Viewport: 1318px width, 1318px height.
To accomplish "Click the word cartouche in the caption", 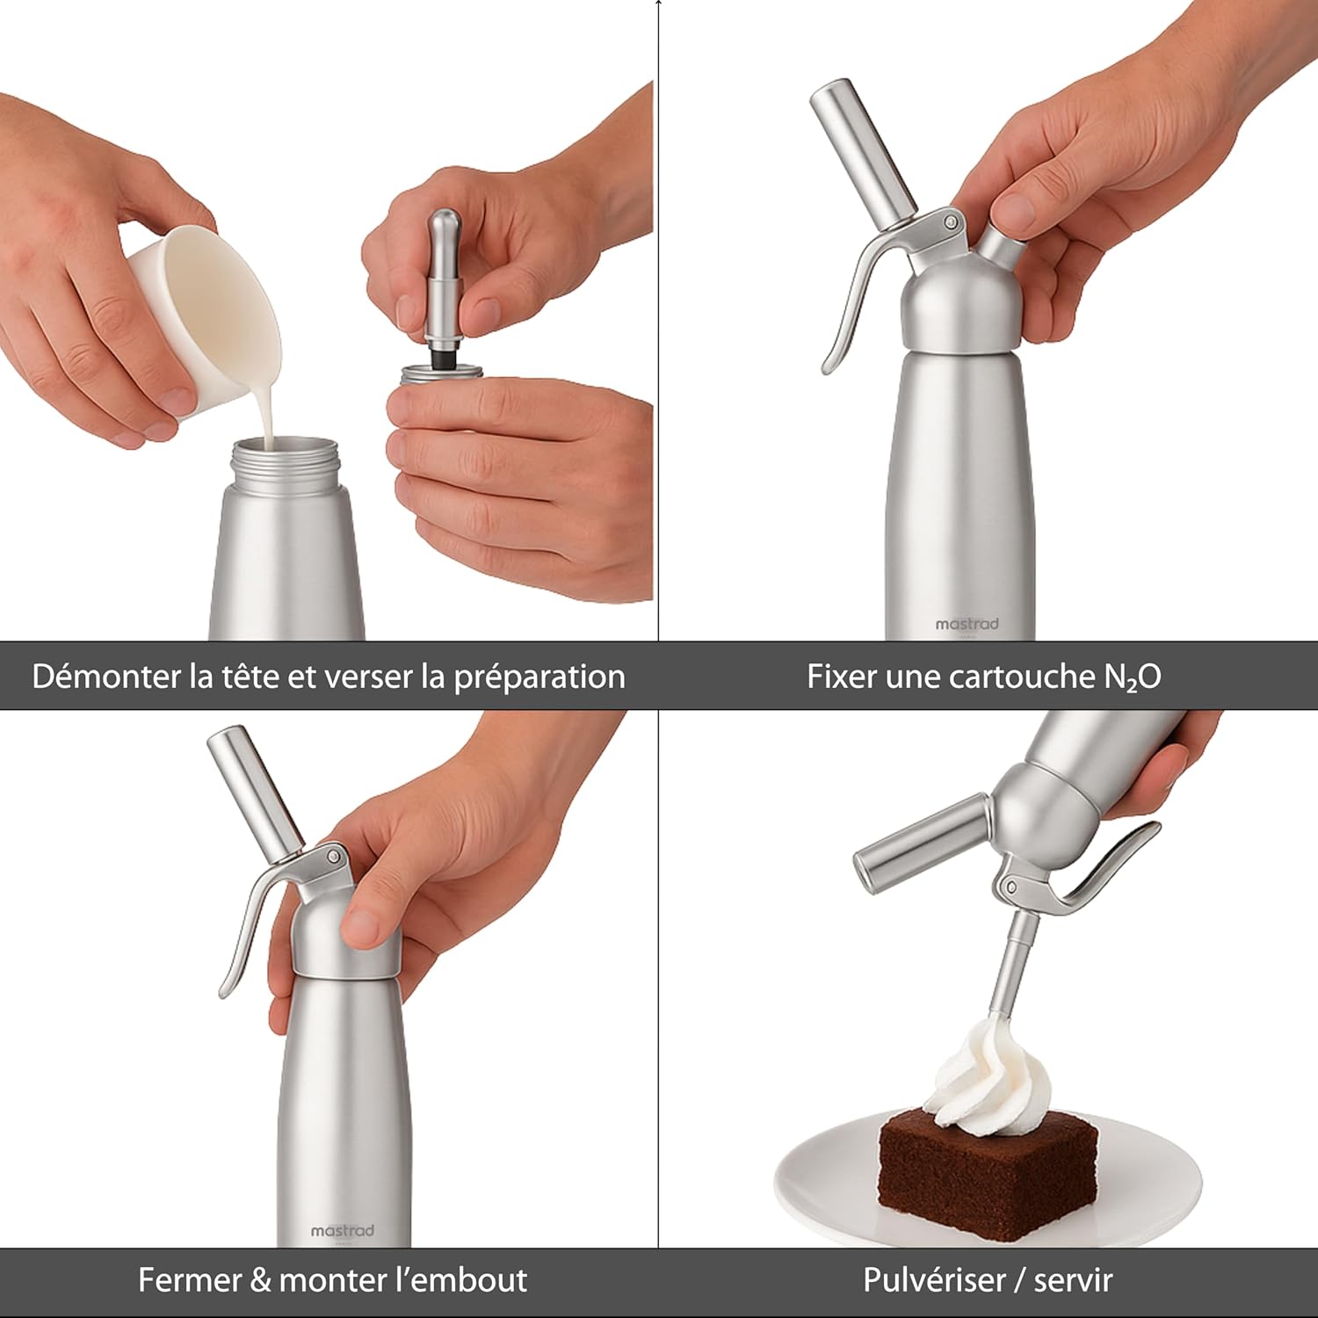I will (x=1010, y=677).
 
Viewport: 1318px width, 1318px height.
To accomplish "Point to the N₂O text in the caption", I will (x=1133, y=677).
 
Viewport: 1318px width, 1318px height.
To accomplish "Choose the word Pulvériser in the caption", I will (x=934, y=1280).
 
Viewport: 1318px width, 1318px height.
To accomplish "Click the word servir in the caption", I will (x=1073, y=1280).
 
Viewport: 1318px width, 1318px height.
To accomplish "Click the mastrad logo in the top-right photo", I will (x=967, y=624).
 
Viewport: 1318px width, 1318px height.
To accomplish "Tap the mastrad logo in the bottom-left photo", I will (x=343, y=1231).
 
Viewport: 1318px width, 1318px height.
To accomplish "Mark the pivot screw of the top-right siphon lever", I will (x=950, y=222).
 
